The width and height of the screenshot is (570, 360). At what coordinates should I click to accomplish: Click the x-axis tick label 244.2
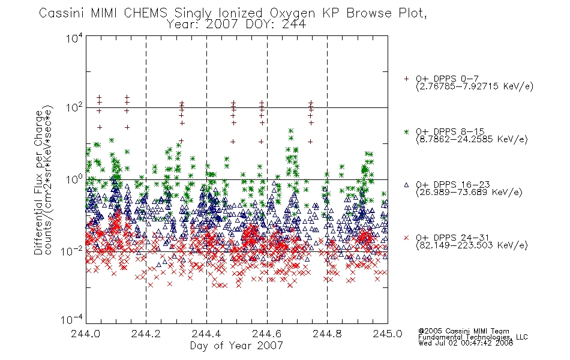pos(146,334)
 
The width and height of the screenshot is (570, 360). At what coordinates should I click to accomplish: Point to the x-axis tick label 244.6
pos(267,334)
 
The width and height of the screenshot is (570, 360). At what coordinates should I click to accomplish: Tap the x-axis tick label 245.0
pos(388,334)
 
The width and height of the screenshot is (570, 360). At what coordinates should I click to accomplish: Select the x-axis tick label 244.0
pos(85,334)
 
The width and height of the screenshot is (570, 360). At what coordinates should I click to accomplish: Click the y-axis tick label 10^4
pos(74,38)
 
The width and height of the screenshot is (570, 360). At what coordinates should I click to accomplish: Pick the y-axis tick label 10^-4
pos(72,319)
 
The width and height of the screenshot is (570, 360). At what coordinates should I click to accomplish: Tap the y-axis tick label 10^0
pos(74,179)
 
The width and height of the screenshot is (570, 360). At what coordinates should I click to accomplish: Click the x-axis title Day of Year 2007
pos(236,346)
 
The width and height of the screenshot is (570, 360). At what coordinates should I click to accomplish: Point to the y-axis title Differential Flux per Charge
pos(38,182)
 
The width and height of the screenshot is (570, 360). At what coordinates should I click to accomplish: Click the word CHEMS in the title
pos(145,13)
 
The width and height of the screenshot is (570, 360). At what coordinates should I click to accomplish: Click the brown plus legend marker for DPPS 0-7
pos(406,79)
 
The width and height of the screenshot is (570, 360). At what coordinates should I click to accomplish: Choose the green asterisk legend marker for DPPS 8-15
pos(406,131)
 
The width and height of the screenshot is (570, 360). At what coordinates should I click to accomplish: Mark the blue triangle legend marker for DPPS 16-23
pos(406,185)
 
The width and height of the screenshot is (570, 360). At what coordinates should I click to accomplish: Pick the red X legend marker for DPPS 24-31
pos(406,238)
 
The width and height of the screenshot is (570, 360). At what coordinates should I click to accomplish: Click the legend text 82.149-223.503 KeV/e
pos(472,245)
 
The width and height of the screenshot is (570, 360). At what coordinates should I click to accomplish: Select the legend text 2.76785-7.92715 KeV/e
pos(475,86)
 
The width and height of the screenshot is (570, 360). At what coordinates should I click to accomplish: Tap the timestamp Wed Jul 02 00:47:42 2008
pos(466,343)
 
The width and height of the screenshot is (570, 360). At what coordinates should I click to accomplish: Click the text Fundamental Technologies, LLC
pos(473,337)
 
